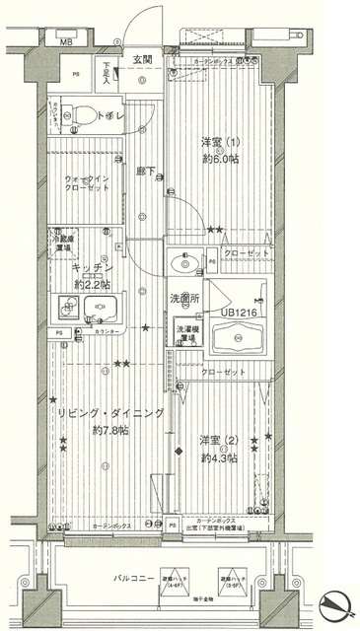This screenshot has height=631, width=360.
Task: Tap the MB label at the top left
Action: point(66,43)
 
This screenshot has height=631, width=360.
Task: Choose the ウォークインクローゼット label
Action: point(90,184)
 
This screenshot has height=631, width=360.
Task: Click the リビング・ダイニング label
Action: point(108,413)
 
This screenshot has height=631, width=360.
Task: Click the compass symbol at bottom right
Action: point(333,600)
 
